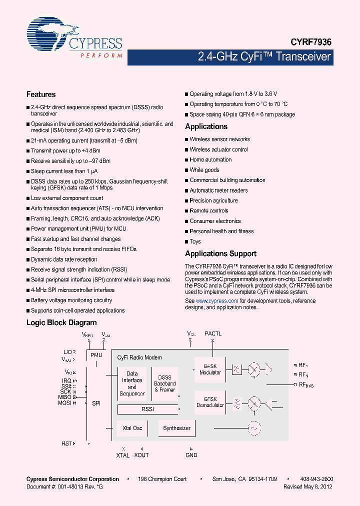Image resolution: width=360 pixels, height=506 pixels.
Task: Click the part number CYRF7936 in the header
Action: (311, 43)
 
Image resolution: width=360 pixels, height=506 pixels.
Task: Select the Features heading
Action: (41, 94)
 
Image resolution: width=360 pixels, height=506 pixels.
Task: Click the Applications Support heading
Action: (220, 253)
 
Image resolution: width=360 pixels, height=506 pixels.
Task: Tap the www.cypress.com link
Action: (217, 301)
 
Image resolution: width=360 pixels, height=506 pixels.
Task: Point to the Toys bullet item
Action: (195, 241)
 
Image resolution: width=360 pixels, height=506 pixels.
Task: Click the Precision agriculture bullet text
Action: (213, 200)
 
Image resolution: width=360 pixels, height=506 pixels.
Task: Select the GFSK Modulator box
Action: (210, 369)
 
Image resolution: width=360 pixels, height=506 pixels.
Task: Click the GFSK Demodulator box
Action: (210, 402)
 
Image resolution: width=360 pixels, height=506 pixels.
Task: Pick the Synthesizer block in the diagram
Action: (177, 428)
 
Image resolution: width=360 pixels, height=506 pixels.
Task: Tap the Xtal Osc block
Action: (132, 428)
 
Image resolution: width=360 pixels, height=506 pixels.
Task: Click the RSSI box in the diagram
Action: (147, 409)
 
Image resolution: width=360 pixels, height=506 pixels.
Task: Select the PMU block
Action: (96, 355)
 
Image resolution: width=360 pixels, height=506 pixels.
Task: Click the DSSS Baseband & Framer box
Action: (164, 383)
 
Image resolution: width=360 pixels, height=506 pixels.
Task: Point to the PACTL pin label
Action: (212, 333)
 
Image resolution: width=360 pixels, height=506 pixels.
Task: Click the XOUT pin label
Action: (141, 455)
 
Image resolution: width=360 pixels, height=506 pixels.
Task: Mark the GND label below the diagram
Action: (191, 455)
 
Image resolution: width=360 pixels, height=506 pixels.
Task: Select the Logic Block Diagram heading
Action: (61, 323)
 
